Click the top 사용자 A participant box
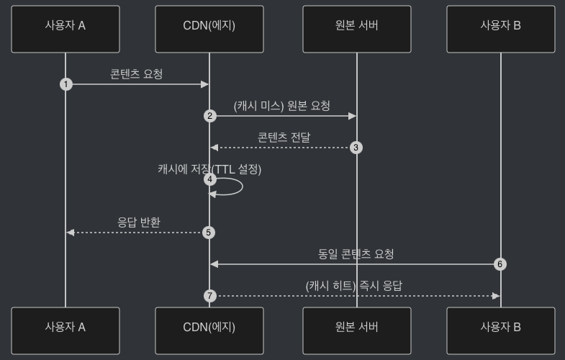click(65, 30)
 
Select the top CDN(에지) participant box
click(209, 30)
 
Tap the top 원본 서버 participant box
click(357, 30)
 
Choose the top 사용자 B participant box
click(501, 30)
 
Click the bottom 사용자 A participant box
click(65, 330)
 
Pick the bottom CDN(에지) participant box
click(209, 330)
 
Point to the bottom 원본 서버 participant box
click(357, 330)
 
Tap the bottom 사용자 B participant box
click(501, 330)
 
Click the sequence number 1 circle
click(66, 84)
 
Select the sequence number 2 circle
click(210, 116)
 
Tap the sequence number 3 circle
click(356, 148)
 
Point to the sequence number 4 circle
click(210, 179)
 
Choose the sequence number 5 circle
click(209, 233)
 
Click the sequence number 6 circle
click(500, 264)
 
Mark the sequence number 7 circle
click(210, 296)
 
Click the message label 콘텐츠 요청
click(137, 73)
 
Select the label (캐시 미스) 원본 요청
click(282, 106)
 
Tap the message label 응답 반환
click(139, 222)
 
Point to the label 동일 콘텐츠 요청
click(356, 253)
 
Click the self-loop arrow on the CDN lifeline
click(234, 186)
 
